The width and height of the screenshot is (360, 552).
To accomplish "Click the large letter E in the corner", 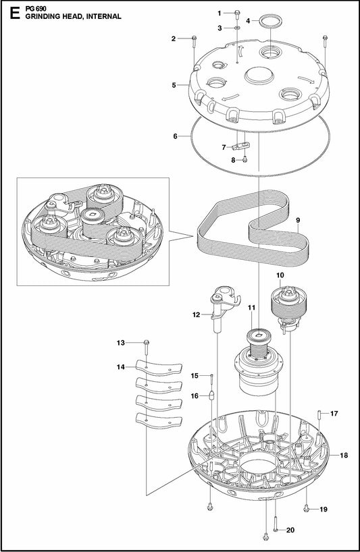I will (x=9, y=11).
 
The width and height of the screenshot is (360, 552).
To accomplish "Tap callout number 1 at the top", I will (x=219, y=13).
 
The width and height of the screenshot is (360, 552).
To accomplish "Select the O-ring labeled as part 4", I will (x=269, y=21).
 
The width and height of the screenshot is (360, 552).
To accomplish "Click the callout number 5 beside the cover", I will (x=174, y=85).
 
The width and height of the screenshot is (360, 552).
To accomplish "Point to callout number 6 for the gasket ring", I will (x=175, y=136).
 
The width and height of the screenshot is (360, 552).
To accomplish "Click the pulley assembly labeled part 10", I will (x=288, y=304).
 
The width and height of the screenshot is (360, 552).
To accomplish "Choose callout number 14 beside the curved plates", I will (x=122, y=367).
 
